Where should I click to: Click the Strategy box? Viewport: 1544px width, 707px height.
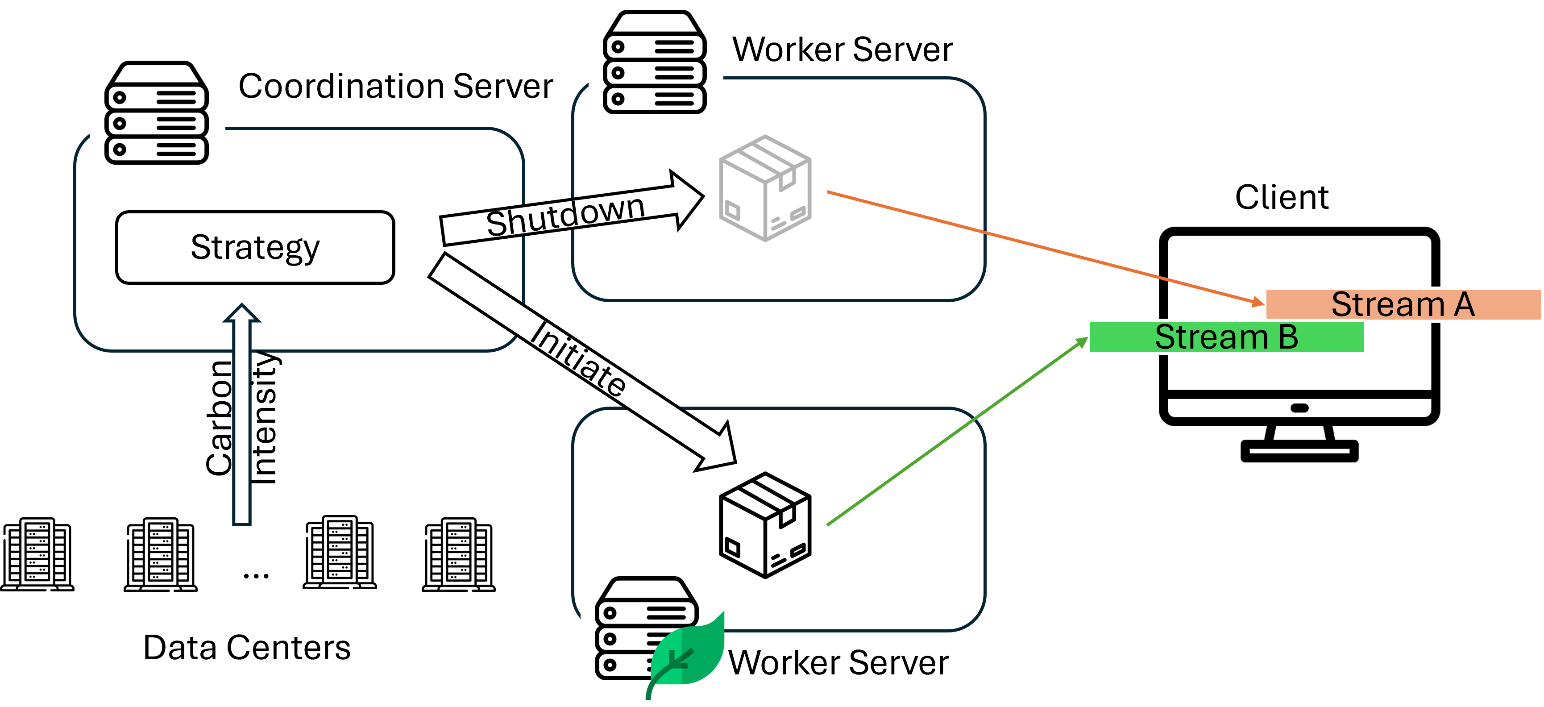[255, 247]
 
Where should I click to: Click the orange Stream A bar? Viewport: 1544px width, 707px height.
[1403, 305]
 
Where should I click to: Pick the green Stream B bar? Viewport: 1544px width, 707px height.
[1226, 337]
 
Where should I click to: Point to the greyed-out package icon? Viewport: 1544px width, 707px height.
[765, 188]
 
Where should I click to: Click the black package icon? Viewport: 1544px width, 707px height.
[765, 525]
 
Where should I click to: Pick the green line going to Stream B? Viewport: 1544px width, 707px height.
[959, 429]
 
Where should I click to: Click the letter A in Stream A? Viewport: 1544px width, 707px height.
[1464, 305]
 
